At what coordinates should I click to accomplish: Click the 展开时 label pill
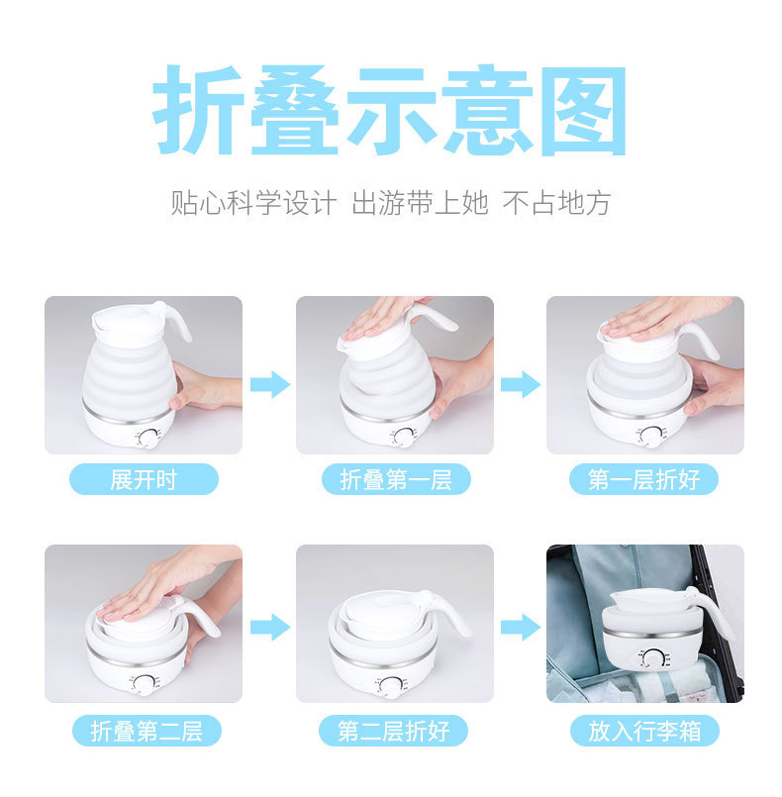(144, 479)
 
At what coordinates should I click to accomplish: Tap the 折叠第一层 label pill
(396, 479)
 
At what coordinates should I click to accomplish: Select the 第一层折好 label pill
(643, 479)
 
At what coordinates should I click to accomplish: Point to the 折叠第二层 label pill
(147, 731)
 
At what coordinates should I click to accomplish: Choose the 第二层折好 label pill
(393, 731)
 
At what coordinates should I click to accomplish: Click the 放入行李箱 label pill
(644, 731)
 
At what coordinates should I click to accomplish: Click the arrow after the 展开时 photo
(270, 384)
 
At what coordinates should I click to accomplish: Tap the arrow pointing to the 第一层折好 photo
(521, 384)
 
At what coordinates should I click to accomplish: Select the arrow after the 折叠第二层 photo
(270, 627)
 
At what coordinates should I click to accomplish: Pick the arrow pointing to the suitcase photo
(521, 627)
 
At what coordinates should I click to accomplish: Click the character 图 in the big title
(583, 111)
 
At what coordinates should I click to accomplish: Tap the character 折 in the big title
(198, 110)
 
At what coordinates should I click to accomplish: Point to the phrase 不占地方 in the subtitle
(556, 203)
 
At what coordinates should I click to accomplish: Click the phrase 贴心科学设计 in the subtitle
(253, 203)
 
